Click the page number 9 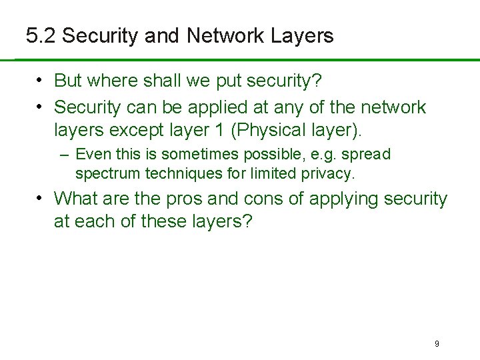coord(437,344)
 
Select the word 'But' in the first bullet coord(67,81)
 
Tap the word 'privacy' coord(329,174)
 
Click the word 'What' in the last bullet coord(73,199)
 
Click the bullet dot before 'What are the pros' coord(41,198)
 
